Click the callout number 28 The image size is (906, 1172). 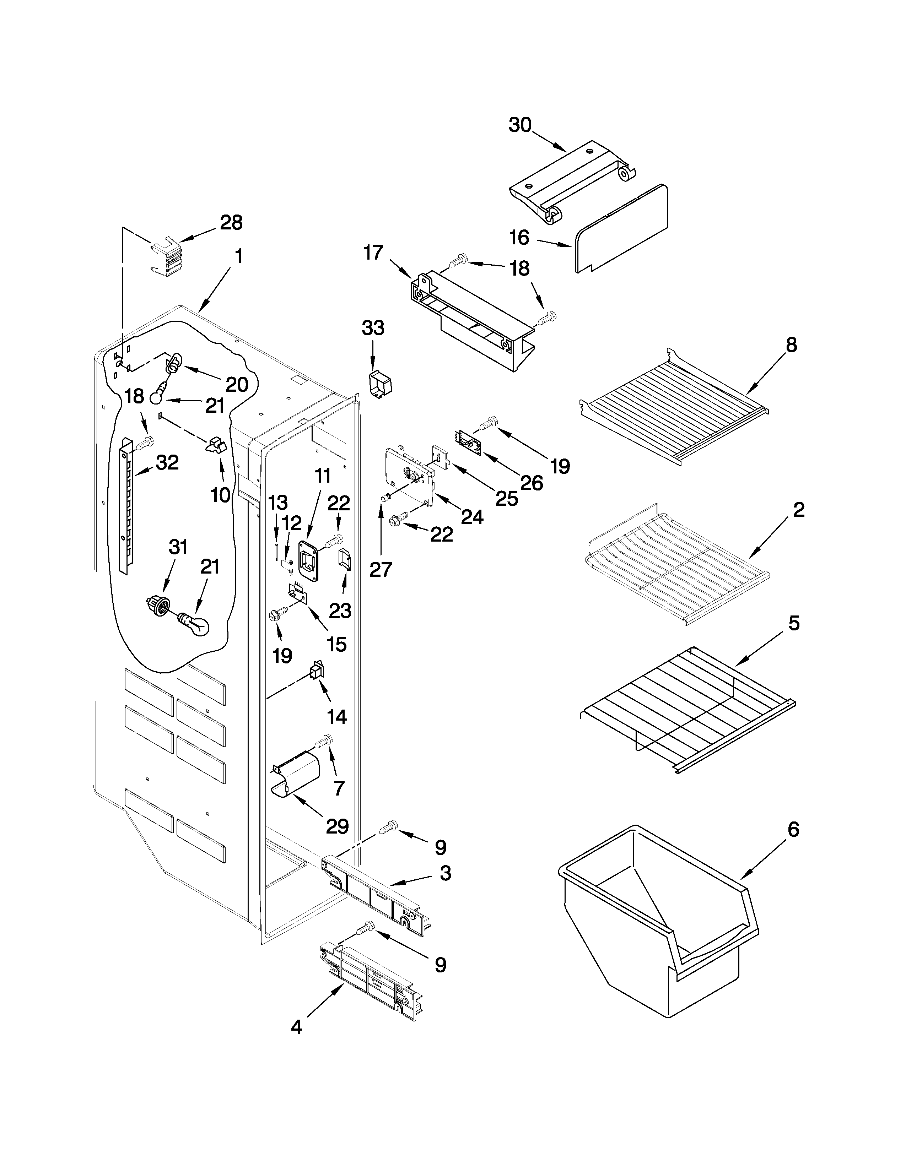point(231,222)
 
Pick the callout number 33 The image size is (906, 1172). point(373,327)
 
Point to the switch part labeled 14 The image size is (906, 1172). point(317,671)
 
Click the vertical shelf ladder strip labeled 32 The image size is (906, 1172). point(125,504)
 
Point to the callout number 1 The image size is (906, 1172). point(238,256)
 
